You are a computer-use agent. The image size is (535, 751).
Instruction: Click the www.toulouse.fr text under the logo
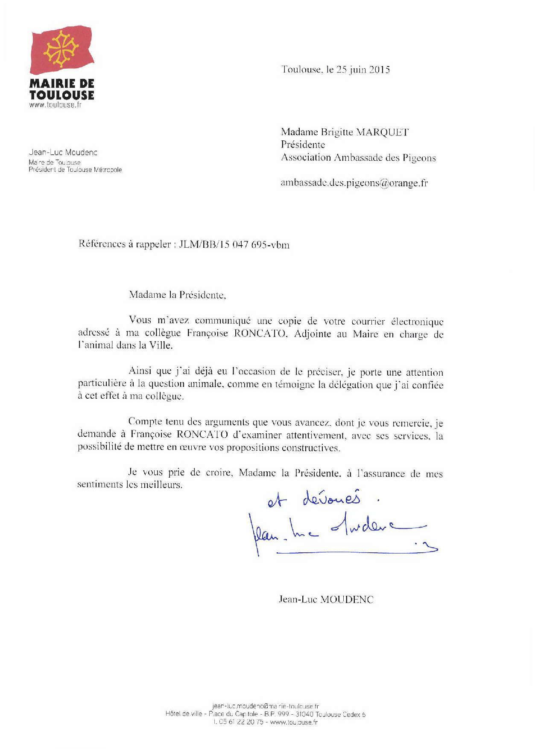pyautogui.click(x=56, y=105)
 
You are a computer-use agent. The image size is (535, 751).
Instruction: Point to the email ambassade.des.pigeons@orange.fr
pyautogui.click(x=354, y=183)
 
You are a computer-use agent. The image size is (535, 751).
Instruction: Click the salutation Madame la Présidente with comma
pyautogui.click(x=177, y=295)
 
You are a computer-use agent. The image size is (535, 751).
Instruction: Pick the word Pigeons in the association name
pyautogui.click(x=419, y=158)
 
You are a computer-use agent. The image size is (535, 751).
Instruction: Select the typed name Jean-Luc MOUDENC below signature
pyautogui.click(x=326, y=599)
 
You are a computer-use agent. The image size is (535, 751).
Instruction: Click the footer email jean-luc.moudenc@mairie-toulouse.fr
pyautogui.click(x=265, y=706)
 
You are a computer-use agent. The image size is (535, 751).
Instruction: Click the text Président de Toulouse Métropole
pyautogui.click(x=75, y=170)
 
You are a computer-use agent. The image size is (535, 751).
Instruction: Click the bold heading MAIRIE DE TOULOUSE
pyautogui.click(x=62, y=89)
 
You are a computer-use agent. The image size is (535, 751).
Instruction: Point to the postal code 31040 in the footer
pyautogui.click(x=304, y=714)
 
